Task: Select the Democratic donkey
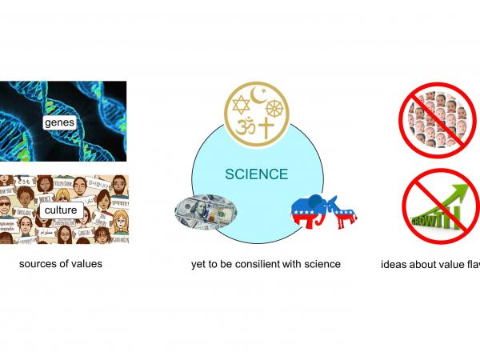coord(342,213)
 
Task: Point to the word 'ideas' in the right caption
coord(394,264)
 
